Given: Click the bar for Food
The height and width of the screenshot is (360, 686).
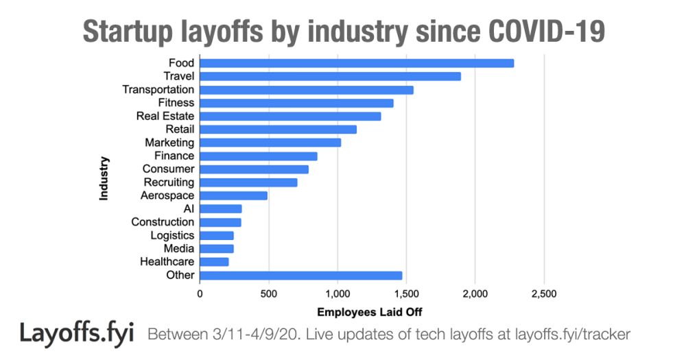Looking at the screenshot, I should tap(357, 63).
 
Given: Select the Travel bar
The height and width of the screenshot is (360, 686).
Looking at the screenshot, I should tap(330, 76).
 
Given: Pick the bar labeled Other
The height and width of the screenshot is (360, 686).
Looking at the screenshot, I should tap(300, 276).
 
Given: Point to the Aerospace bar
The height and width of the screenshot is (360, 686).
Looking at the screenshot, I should tap(233, 195).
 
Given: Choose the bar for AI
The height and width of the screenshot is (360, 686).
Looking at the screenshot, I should tap(220, 208).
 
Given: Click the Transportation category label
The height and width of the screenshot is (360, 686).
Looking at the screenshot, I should tap(158, 90).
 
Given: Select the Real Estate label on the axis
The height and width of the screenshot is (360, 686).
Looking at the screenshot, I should tap(165, 116).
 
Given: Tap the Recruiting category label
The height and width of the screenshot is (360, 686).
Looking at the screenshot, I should tap(169, 182).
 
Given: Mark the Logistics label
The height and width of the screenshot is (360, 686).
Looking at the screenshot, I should tap(172, 235).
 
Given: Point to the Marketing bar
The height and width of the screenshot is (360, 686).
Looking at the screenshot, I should tap(270, 143).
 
